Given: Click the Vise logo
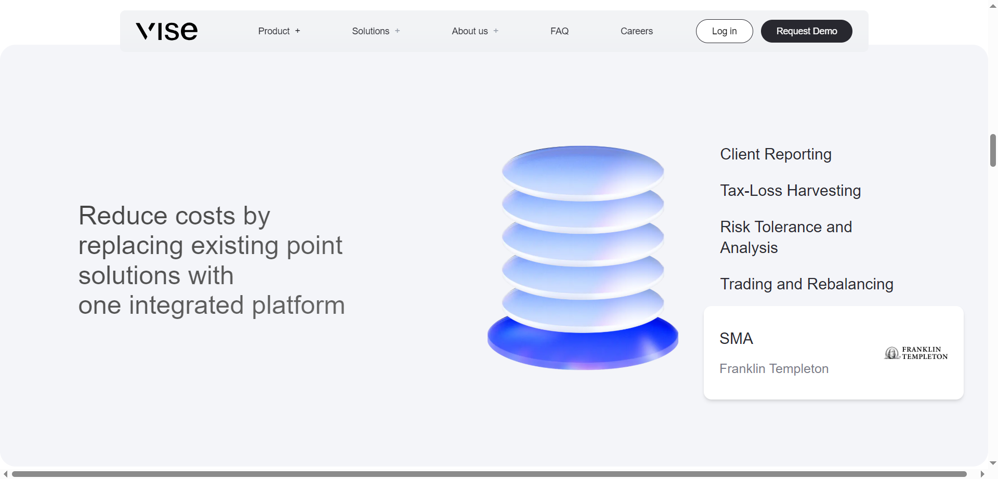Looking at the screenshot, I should [x=166, y=31].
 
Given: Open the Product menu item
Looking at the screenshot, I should [x=274, y=31].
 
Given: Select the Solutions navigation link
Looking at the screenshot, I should [x=371, y=31].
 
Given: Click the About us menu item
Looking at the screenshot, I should [x=470, y=31].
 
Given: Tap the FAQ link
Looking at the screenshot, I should [x=559, y=31].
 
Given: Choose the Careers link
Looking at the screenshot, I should [x=636, y=31].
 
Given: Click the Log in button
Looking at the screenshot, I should [x=724, y=31].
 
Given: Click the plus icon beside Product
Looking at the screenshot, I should [x=297, y=31].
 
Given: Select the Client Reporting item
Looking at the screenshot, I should [x=776, y=154].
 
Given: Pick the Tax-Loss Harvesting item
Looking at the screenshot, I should [x=790, y=191].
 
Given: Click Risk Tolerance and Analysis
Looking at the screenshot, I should [x=785, y=237].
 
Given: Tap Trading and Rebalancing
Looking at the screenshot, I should [x=806, y=284].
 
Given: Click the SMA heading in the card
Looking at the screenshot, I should [x=736, y=339].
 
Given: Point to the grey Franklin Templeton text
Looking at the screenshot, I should [x=773, y=369].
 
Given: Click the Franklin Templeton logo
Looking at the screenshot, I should [x=916, y=353].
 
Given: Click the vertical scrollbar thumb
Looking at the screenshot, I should [x=993, y=150].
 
